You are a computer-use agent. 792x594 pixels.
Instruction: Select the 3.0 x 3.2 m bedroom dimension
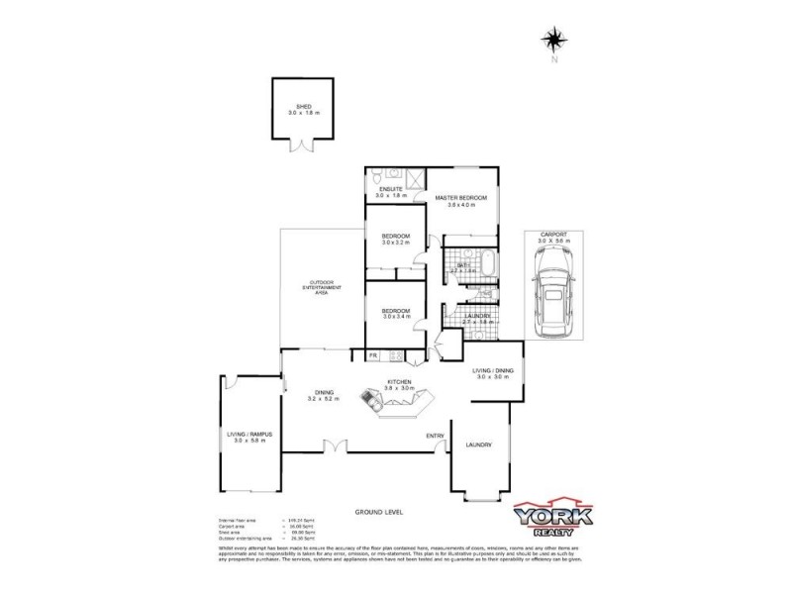pyautogui.click(x=396, y=244)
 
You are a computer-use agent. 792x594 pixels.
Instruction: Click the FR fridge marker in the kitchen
pyautogui.click(x=374, y=354)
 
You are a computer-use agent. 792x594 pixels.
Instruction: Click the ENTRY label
pyautogui.click(x=435, y=436)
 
